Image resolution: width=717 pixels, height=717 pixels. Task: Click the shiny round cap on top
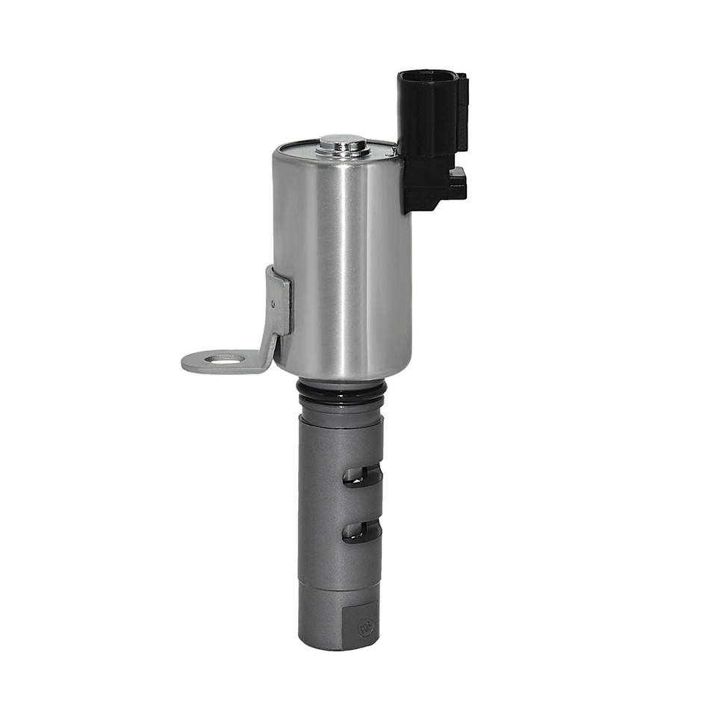click(x=342, y=143)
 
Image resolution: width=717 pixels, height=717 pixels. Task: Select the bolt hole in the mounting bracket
click(x=224, y=359)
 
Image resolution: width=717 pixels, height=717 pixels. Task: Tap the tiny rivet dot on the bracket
click(x=273, y=304)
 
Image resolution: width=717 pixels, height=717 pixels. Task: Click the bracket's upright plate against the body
click(x=278, y=302)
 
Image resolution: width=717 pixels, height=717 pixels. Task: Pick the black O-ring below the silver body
click(x=341, y=389)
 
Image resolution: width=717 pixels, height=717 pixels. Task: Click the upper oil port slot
click(x=361, y=476)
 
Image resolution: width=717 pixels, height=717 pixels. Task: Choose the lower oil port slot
click(x=361, y=531)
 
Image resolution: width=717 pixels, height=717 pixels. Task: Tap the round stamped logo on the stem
click(x=366, y=627)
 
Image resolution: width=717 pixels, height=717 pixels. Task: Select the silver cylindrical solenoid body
click(x=343, y=261)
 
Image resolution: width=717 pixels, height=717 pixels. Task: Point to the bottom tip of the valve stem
click(x=338, y=644)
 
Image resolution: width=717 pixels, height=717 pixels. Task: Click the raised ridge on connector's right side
click(x=462, y=112)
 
